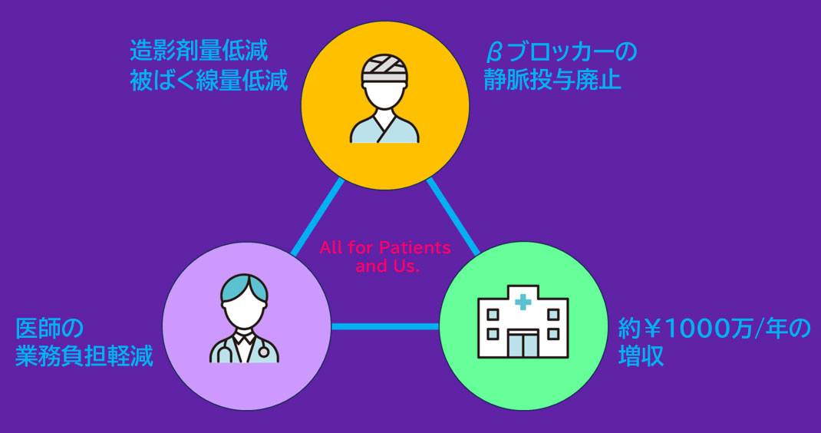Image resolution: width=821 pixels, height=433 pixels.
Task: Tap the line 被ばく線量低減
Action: (x=209, y=81)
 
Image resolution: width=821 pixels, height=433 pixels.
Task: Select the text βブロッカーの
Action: (x=562, y=53)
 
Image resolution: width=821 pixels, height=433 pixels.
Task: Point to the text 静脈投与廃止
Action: (x=552, y=81)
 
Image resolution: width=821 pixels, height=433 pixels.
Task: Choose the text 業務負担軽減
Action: (x=84, y=357)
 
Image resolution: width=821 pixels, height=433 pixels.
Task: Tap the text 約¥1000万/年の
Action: (x=714, y=329)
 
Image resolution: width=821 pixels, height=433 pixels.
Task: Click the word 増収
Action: (x=641, y=357)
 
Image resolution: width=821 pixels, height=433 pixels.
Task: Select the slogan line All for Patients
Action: (x=385, y=249)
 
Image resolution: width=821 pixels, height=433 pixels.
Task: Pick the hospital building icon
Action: (x=523, y=322)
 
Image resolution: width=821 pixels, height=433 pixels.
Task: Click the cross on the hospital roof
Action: (x=523, y=302)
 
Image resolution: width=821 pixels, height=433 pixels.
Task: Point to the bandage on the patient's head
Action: (x=384, y=67)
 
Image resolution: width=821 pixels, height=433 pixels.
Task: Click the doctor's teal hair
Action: (x=244, y=288)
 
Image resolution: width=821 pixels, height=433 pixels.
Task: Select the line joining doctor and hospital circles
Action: (x=385, y=327)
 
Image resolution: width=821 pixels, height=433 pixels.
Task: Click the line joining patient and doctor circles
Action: (x=316, y=217)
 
